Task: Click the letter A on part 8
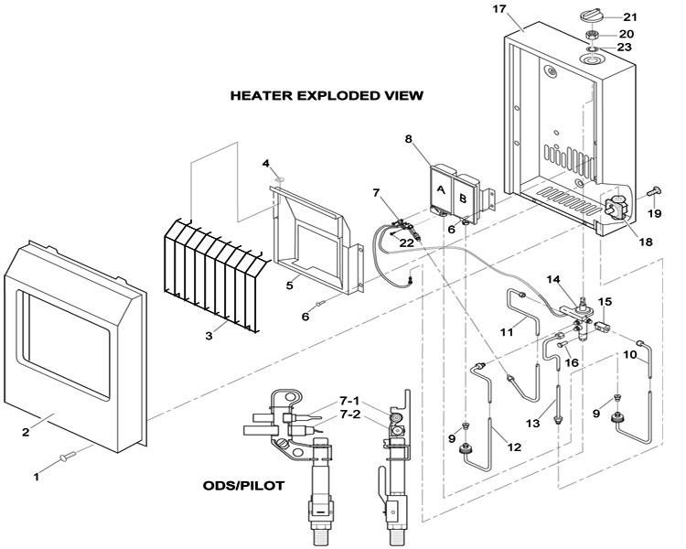point(440,189)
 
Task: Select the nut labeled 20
point(593,36)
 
